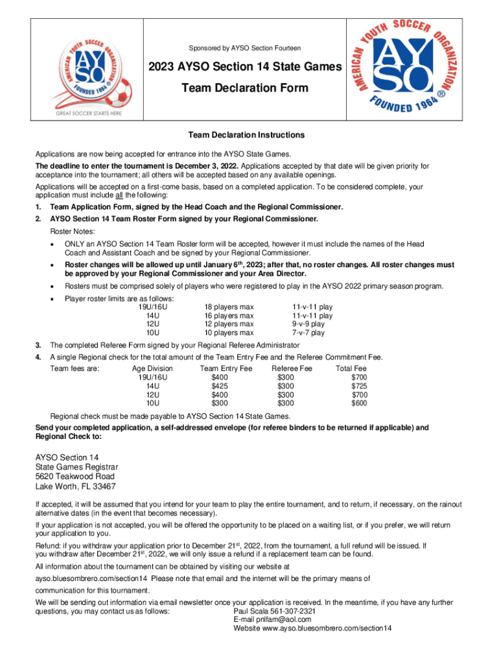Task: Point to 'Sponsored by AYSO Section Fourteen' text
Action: (244, 48)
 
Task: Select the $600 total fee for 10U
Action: (358, 403)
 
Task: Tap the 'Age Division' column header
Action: (152, 368)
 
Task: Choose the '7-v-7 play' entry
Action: (308, 333)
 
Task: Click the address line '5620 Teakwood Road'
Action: (75, 476)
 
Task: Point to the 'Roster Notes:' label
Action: (73, 231)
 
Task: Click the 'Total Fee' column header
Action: (351, 368)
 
